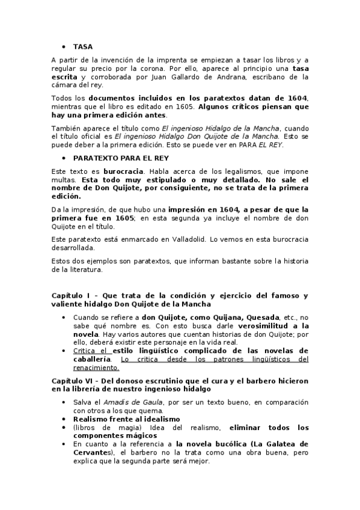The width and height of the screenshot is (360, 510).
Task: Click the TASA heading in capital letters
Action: pos(82,46)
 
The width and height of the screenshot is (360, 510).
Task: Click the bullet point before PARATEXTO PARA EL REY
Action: pos(64,158)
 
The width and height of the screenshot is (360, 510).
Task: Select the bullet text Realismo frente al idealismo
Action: pos(126,419)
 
